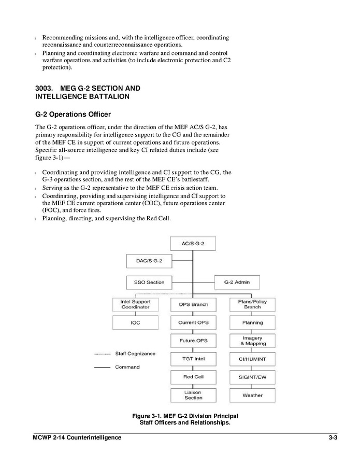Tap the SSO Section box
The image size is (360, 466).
pyautogui.click(x=149, y=283)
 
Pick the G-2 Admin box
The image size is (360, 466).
pyautogui.click(x=237, y=283)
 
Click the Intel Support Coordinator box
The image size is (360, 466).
pyautogui.click(x=135, y=304)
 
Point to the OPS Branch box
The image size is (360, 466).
pyautogui.click(x=193, y=304)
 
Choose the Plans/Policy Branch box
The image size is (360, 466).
pyautogui.click(x=252, y=304)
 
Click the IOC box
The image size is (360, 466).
pyautogui.click(x=135, y=322)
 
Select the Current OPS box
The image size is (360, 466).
pyautogui.click(x=193, y=322)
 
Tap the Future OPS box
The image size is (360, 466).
pyautogui.click(x=193, y=341)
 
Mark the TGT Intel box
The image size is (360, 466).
pyautogui.click(x=193, y=359)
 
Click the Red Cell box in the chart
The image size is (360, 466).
pyautogui.click(x=193, y=377)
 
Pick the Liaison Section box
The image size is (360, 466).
pyautogui.click(x=193, y=395)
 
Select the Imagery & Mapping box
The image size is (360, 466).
pyautogui.click(x=252, y=341)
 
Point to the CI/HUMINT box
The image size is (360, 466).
pyautogui.click(x=252, y=359)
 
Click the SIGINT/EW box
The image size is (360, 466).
pyautogui.click(x=252, y=377)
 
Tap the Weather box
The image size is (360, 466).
pyautogui.click(x=252, y=395)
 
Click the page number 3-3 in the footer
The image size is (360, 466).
pyautogui.click(x=333, y=437)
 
